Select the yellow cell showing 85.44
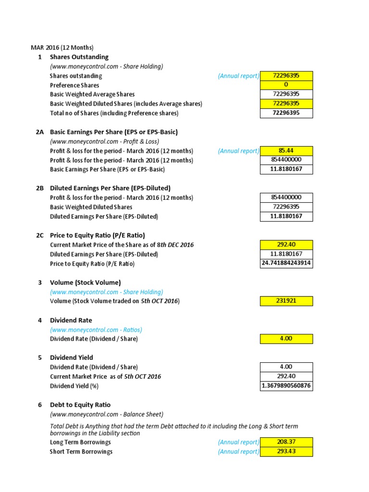click(x=286, y=151)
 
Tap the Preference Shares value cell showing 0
click(x=286, y=85)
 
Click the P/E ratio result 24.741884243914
click(x=286, y=263)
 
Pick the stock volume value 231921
click(x=286, y=301)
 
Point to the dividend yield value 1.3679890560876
click(x=286, y=386)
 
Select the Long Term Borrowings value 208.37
click(x=286, y=442)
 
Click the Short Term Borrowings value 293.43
click(x=286, y=452)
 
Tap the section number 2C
click(x=40, y=235)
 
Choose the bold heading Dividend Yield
click(x=72, y=357)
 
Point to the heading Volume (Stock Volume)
click(x=85, y=283)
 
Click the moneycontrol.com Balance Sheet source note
click(x=107, y=414)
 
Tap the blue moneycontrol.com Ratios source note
click(x=96, y=330)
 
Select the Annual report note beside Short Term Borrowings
click(x=238, y=452)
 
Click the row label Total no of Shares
click(x=114, y=113)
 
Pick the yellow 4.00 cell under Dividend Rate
click(x=286, y=339)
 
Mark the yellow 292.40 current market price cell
click(x=286, y=245)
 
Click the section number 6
click(x=40, y=405)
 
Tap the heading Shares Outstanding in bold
click(x=79, y=57)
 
